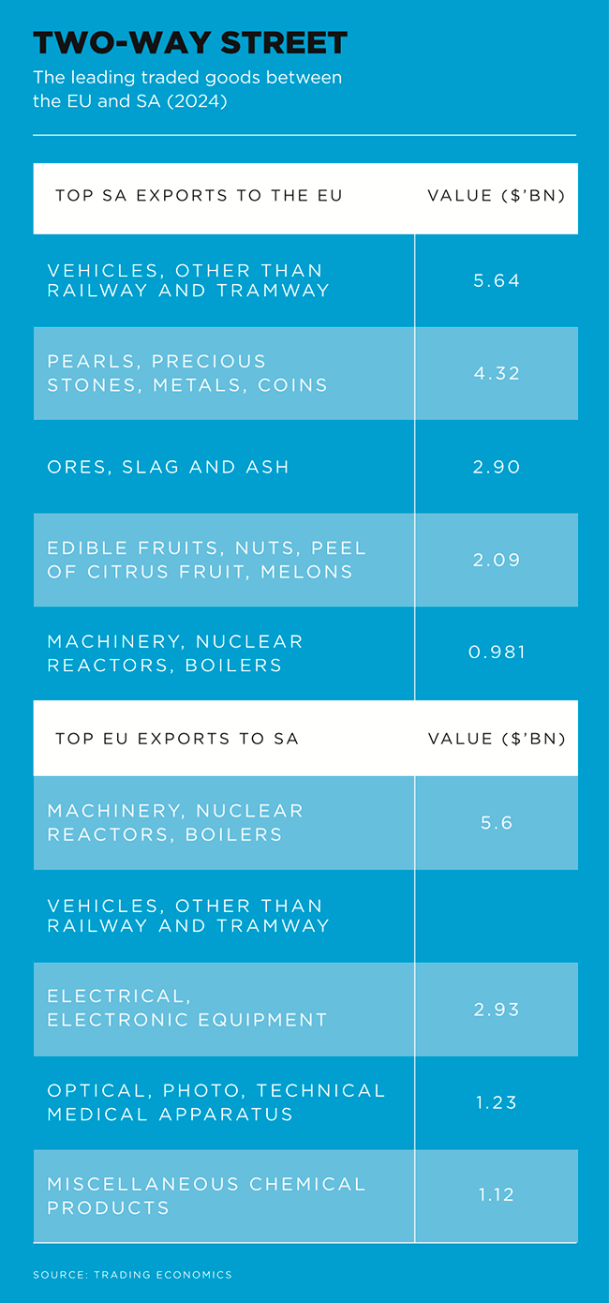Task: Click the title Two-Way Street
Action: point(190,43)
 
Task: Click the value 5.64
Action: point(497,280)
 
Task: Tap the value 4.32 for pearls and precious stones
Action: point(497,373)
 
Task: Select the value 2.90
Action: point(497,467)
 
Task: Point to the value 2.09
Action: point(497,560)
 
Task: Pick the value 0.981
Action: point(497,652)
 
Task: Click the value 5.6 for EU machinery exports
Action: point(497,822)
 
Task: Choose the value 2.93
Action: point(497,1010)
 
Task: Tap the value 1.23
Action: point(497,1102)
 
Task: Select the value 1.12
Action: point(497,1195)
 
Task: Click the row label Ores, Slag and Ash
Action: point(169,467)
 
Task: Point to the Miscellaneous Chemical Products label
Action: point(206,1195)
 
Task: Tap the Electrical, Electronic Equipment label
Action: point(187,1009)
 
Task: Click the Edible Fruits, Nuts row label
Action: point(206,560)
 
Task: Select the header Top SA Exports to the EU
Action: point(199,196)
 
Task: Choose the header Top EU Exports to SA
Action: point(177,739)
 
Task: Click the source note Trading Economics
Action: point(132,1275)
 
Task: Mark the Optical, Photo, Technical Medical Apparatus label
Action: point(216,1102)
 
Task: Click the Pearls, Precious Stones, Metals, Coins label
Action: point(187,373)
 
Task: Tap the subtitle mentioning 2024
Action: point(187,89)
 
